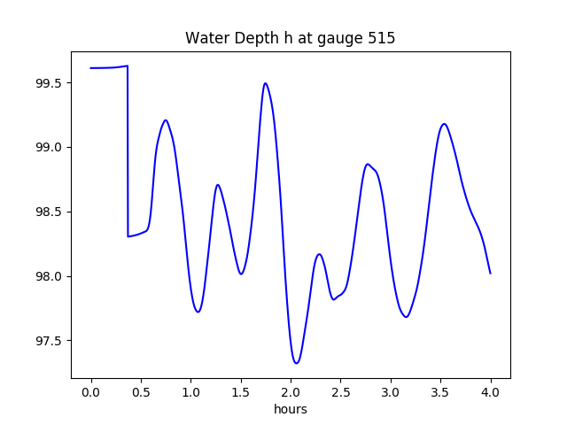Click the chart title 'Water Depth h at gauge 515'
point(291,39)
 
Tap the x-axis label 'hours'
point(291,409)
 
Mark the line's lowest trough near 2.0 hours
point(297,363)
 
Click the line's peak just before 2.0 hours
point(265,83)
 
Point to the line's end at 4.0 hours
point(490,273)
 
